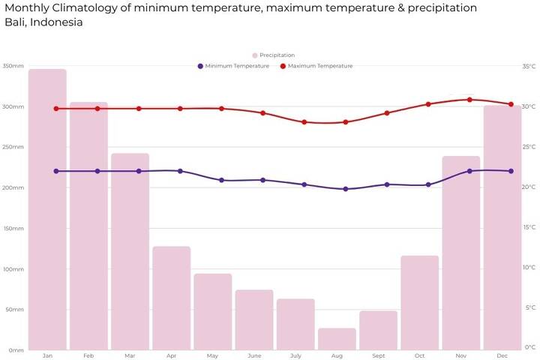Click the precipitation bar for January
(47, 209)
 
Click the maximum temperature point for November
(469, 100)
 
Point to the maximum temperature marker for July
(304, 122)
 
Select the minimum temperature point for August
(345, 189)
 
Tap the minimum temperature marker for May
(221, 181)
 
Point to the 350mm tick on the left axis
(13, 66)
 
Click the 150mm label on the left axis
(13, 228)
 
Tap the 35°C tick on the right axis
(529, 66)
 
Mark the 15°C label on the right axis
(529, 228)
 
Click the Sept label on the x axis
(378, 355)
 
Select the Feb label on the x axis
(88, 355)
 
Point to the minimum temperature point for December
(511, 171)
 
